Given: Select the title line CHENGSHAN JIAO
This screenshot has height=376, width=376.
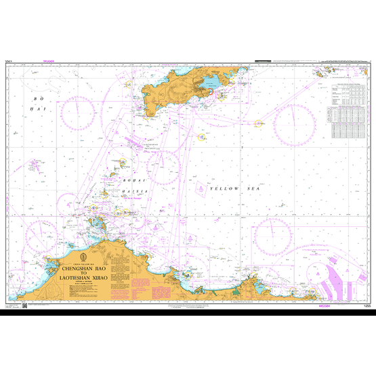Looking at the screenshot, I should click(x=83, y=269).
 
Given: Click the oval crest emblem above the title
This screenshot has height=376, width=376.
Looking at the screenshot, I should click(x=83, y=258).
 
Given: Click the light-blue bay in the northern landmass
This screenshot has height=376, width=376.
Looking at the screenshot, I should click(x=208, y=83).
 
